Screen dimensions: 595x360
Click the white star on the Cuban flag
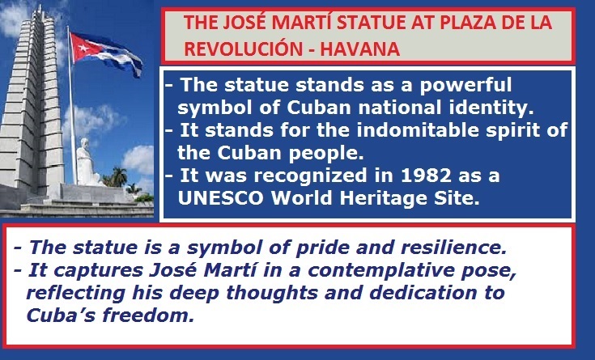(84, 48)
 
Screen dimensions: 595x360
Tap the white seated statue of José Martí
(86, 163)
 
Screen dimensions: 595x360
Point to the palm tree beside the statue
(119, 177)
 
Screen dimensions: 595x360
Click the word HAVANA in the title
(359, 49)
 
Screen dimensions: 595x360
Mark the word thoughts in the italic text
(272, 294)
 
